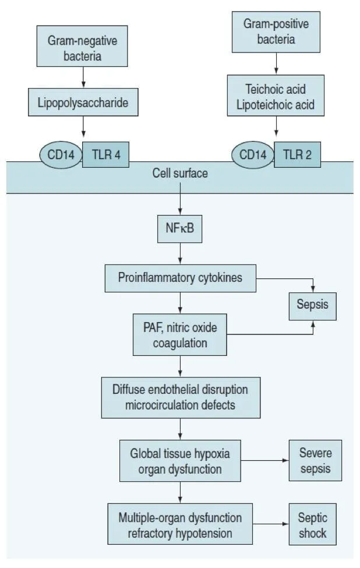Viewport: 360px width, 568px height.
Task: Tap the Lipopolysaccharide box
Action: pyautogui.click(x=83, y=103)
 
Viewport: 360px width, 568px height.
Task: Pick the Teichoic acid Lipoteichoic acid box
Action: pyautogui.click(x=276, y=97)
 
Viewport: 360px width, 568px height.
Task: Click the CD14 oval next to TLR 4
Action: pyautogui.click(x=61, y=156)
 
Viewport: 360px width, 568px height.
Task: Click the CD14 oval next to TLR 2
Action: pyautogui.click(x=252, y=156)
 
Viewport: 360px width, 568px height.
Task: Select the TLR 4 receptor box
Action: pyautogui.click(x=105, y=155)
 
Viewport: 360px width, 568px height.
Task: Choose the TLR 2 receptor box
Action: pyautogui.click(x=297, y=155)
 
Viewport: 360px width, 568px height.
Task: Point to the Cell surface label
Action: pyautogui.click(x=180, y=174)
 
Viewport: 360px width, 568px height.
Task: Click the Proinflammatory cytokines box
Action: pyautogui.click(x=180, y=278)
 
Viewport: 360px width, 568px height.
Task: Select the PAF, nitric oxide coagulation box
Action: pyautogui.click(x=180, y=336)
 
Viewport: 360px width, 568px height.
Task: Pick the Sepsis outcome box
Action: pyautogui.click(x=313, y=305)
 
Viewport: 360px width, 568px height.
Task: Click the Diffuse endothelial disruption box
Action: pyautogui.click(x=180, y=397)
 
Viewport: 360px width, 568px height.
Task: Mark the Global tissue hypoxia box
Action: pyautogui.click(x=180, y=460)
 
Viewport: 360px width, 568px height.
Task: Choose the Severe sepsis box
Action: pyautogui.click(x=315, y=460)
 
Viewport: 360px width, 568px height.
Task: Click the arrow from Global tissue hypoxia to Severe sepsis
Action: pyautogui.click(x=264, y=460)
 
